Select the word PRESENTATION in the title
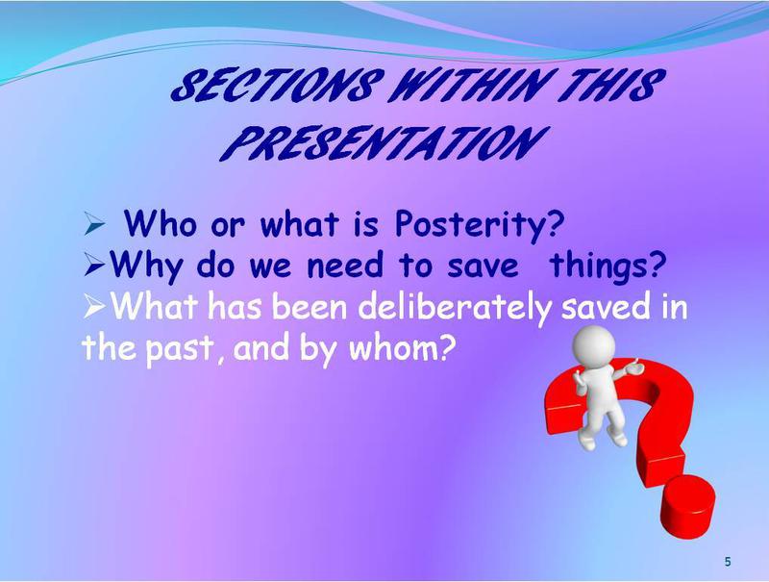coord(383,142)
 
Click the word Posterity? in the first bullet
coord(480,225)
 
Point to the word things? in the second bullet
coord(608,266)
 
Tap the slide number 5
coord(728,562)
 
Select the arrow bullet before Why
coord(94,266)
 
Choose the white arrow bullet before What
coord(94,308)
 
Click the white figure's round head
coord(594,344)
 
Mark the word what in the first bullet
coord(300,224)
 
